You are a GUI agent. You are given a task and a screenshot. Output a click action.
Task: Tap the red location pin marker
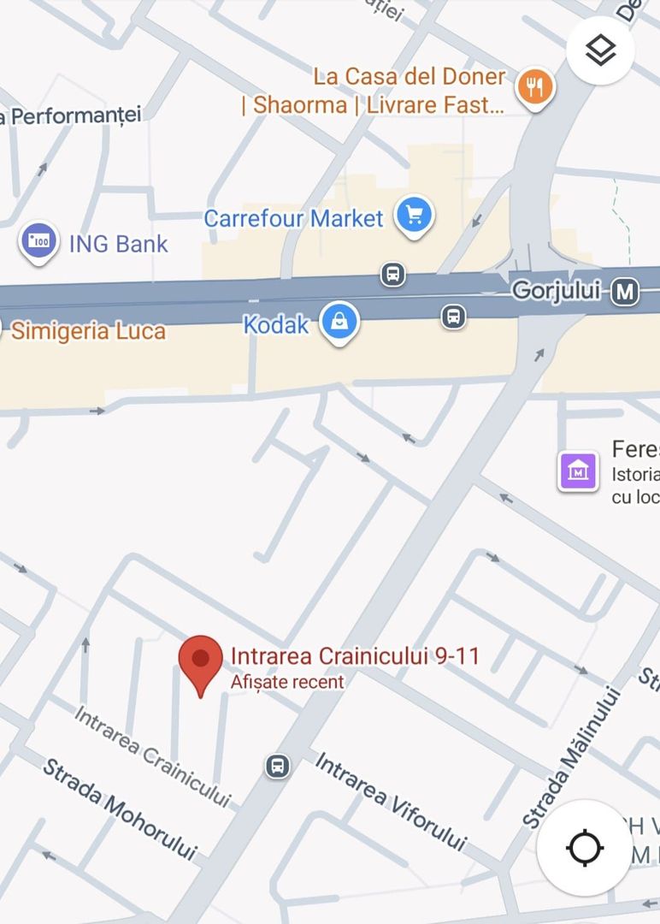point(200,662)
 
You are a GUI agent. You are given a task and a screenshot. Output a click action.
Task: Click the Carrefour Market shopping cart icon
point(415,215)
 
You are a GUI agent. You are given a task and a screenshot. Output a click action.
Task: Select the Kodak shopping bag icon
point(339,323)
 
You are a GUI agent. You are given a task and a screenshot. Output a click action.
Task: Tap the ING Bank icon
point(38,242)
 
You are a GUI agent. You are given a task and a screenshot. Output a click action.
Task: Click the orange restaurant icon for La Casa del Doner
point(535,86)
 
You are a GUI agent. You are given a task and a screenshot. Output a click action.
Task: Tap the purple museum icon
point(578,471)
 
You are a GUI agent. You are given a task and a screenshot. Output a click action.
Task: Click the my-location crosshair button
point(585,848)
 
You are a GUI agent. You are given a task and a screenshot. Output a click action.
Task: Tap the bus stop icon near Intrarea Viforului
point(277,765)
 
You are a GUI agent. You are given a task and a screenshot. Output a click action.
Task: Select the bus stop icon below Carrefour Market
point(392,275)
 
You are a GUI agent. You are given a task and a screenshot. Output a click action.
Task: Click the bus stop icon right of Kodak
point(453,316)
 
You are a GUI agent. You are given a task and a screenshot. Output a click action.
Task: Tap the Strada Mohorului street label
point(120,808)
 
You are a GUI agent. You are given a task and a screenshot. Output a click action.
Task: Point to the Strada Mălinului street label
point(569,757)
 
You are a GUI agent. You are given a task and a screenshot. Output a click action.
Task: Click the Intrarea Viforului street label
point(392,801)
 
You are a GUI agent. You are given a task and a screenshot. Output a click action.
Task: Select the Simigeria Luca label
point(88,331)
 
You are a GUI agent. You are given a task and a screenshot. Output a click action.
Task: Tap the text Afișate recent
point(287,682)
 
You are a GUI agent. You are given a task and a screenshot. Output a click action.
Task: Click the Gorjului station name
point(557,291)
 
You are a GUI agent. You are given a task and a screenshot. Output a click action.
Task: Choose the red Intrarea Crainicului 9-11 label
point(355,656)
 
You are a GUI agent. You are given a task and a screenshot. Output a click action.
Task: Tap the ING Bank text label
point(118,244)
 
